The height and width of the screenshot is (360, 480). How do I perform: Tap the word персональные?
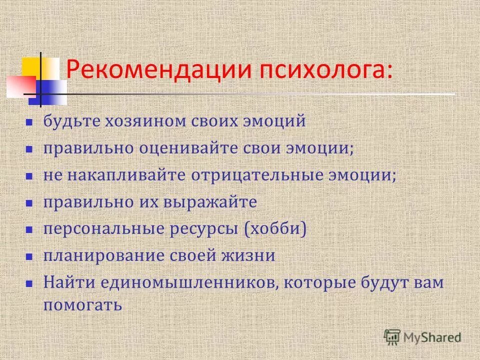[x=103, y=229]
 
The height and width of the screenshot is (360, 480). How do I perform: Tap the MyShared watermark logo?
[x=422, y=337]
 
